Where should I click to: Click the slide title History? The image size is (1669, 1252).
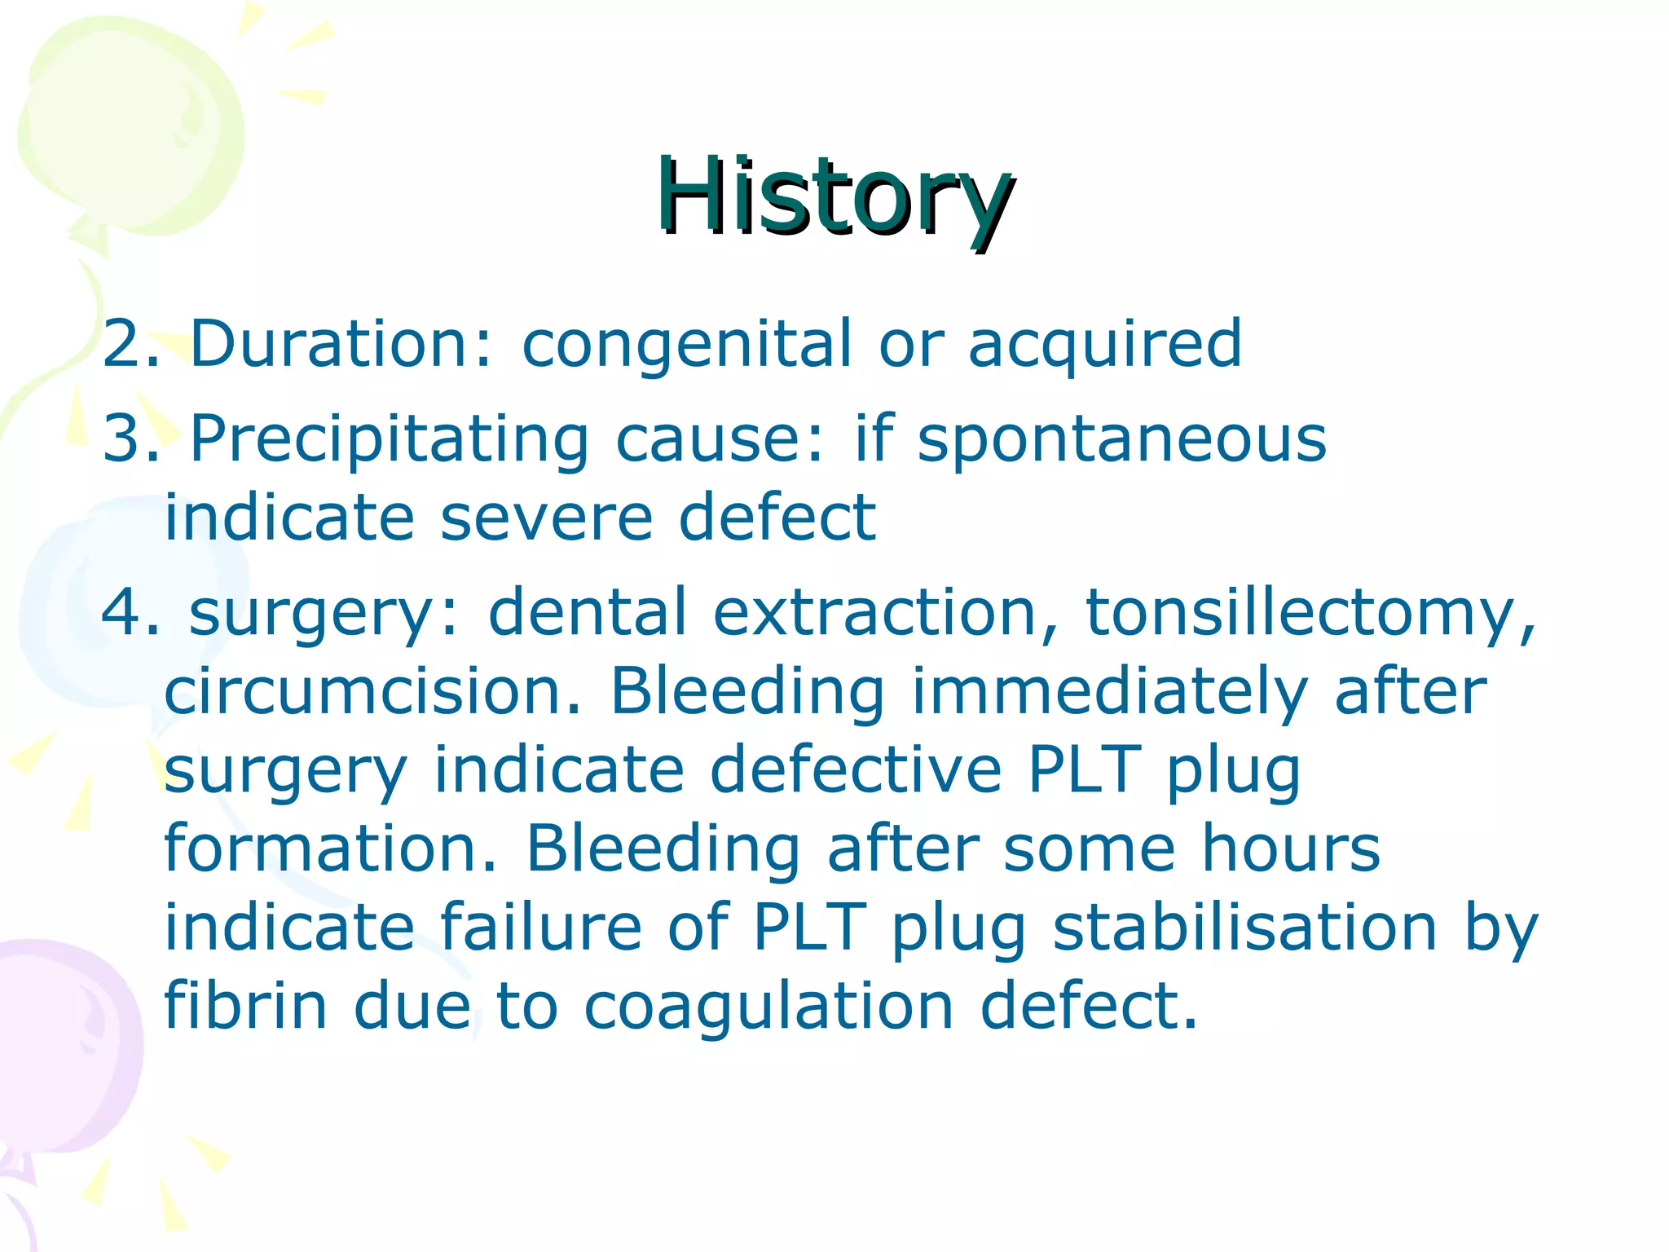click(834, 197)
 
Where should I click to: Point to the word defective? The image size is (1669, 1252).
click(856, 770)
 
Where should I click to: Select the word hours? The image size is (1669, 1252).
click(1291, 849)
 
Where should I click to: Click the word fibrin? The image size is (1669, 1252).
click(244, 1006)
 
